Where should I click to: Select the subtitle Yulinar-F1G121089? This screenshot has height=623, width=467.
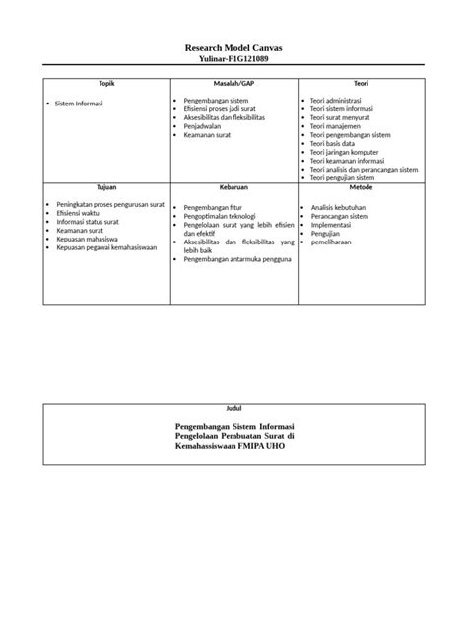(x=233, y=59)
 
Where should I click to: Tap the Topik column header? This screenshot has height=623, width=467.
(x=106, y=85)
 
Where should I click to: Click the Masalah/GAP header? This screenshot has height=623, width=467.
(x=233, y=85)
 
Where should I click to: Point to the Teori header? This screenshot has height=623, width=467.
(x=361, y=85)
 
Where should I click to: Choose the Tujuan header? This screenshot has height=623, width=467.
(x=106, y=186)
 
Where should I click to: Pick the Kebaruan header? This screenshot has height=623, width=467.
(x=233, y=186)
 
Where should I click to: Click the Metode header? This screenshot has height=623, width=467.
(x=361, y=186)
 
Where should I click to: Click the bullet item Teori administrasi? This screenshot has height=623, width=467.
(x=342, y=101)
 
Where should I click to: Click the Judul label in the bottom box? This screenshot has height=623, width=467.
(x=233, y=408)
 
